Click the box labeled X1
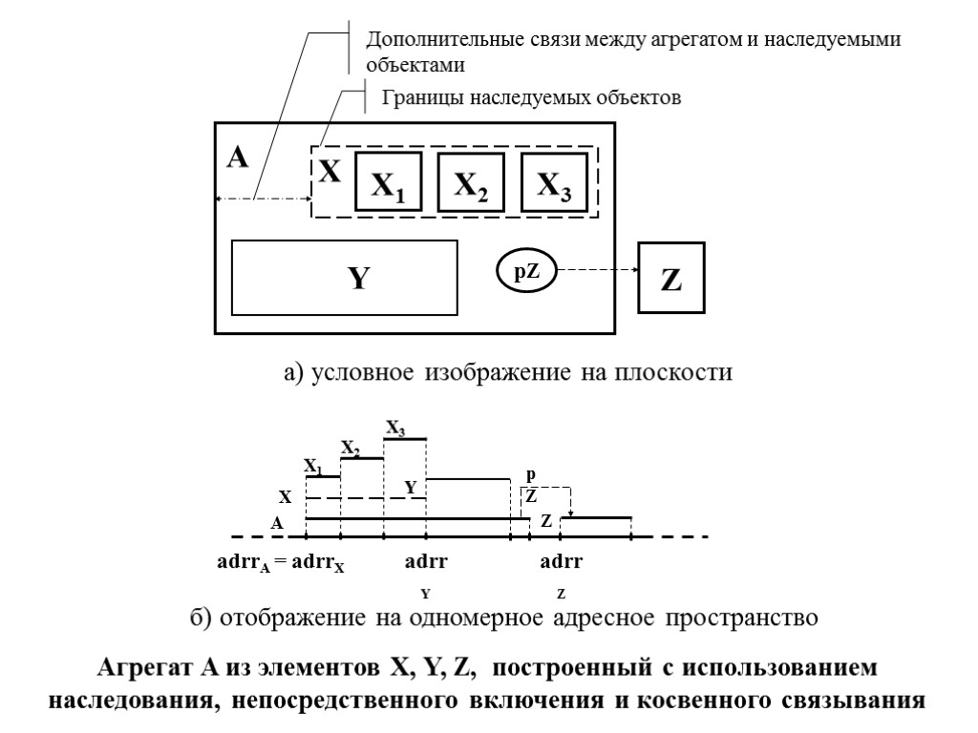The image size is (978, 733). coord(388,181)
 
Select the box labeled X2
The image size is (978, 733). coord(470,181)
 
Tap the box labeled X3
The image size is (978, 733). coord(554,181)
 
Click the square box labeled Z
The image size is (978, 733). coord(671,279)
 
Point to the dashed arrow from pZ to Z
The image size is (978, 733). coord(597,271)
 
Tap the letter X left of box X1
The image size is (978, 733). coord(330,173)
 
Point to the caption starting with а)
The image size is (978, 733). coord(507,372)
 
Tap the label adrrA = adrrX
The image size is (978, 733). coord(281,562)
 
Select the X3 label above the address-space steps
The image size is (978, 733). coord(395,429)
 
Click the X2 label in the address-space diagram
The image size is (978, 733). coord(351,448)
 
